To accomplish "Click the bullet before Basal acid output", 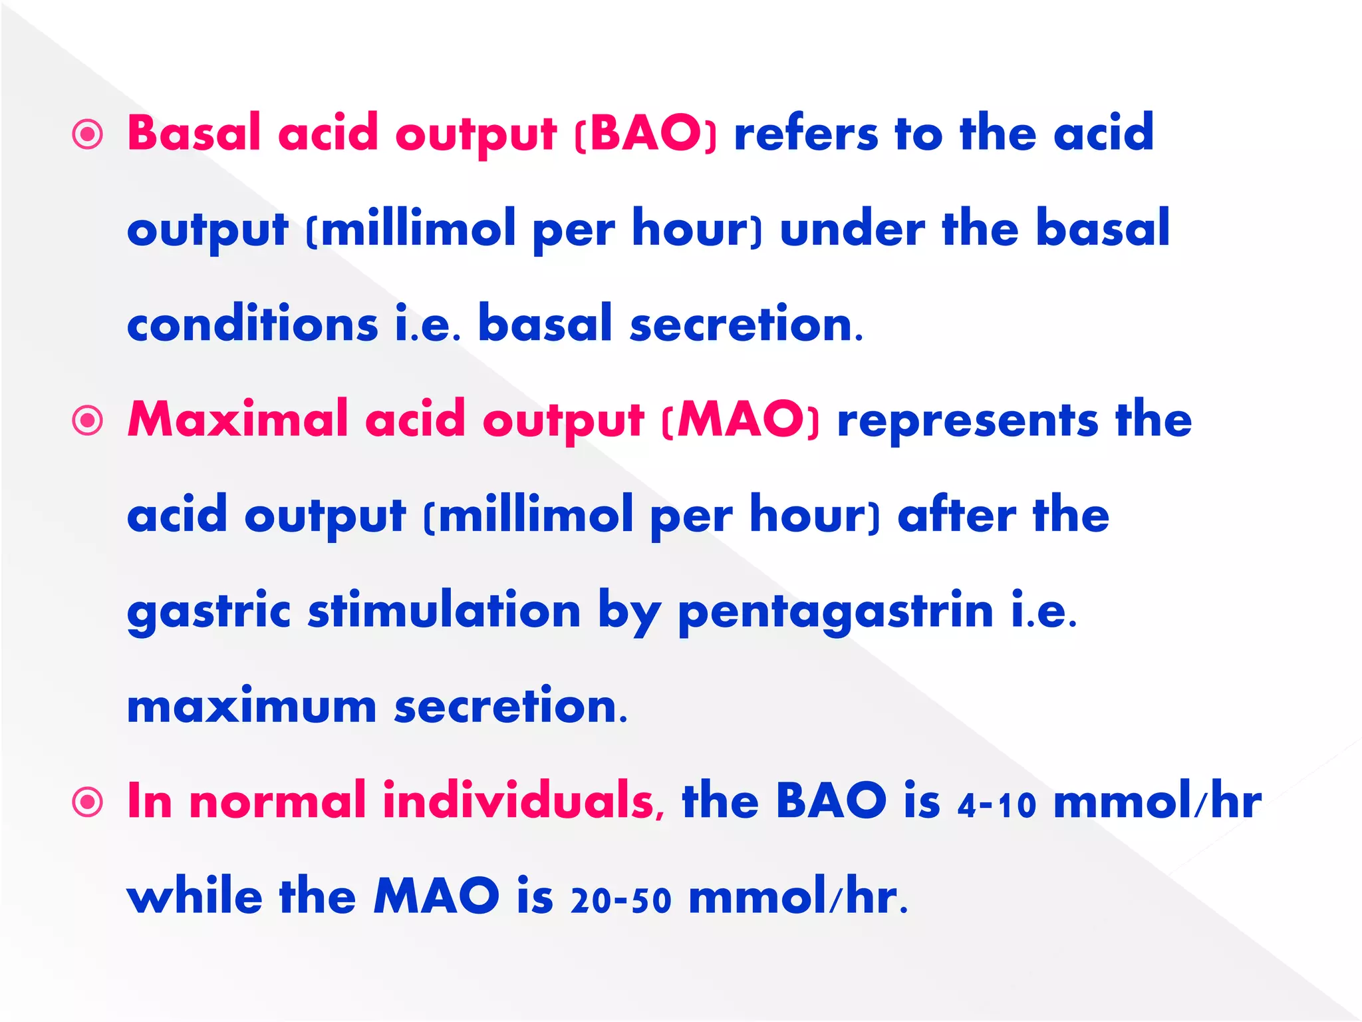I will pyautogui.click(x=88, y=134).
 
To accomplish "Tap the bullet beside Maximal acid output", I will pyautogui.click(x=88, y=421).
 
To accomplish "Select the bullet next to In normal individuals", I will pyautogui.click(x=88, y=802).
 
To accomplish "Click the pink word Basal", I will pyautogui.click(x=194, y=133).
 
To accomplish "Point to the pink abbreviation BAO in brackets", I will pyautogui.click(x=645, y=133).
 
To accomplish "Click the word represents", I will pyautogui.click(x=968, y=421).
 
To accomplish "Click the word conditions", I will pyautogui.click(x=253, y=324).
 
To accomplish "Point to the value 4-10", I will pyautogui.click(x=997, y=804).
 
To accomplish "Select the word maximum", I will pyautogui.click(x=251, y=707).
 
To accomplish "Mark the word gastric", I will pyautogui.click(x=209, y=612).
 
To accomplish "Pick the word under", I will pyautogui.click(x=852, y=229).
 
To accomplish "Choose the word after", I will pyautogui.click(x=956, y=516).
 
